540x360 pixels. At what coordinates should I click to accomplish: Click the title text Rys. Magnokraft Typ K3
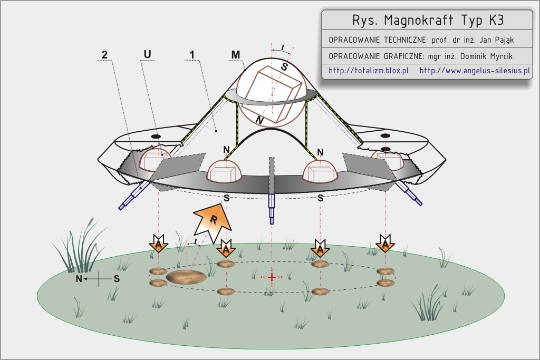(428, 21)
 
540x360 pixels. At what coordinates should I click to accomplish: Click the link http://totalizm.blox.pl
(369, 71)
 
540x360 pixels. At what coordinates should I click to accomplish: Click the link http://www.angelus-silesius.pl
(475, 71)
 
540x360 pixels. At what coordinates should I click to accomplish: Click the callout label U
(148, 54)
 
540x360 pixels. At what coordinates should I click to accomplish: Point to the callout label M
(236, 54)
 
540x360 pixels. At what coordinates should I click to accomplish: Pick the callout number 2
(104, 54)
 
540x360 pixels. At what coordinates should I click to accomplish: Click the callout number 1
(192, 54)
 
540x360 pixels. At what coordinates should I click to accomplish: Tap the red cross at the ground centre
(272, 277)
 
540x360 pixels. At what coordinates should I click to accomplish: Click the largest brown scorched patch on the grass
(186, 277)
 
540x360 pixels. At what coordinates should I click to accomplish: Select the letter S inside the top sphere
(284, 66)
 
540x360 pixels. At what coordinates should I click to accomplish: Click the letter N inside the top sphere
(259, 121)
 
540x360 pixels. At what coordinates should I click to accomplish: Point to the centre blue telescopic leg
(272, 209)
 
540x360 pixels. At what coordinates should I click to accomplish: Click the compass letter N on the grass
(79, 279)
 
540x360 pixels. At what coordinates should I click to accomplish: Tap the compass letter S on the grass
(117, 279)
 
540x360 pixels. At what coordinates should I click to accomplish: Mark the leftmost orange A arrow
(158, 244)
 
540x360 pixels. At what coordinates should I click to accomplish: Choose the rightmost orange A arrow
(385, 244)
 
